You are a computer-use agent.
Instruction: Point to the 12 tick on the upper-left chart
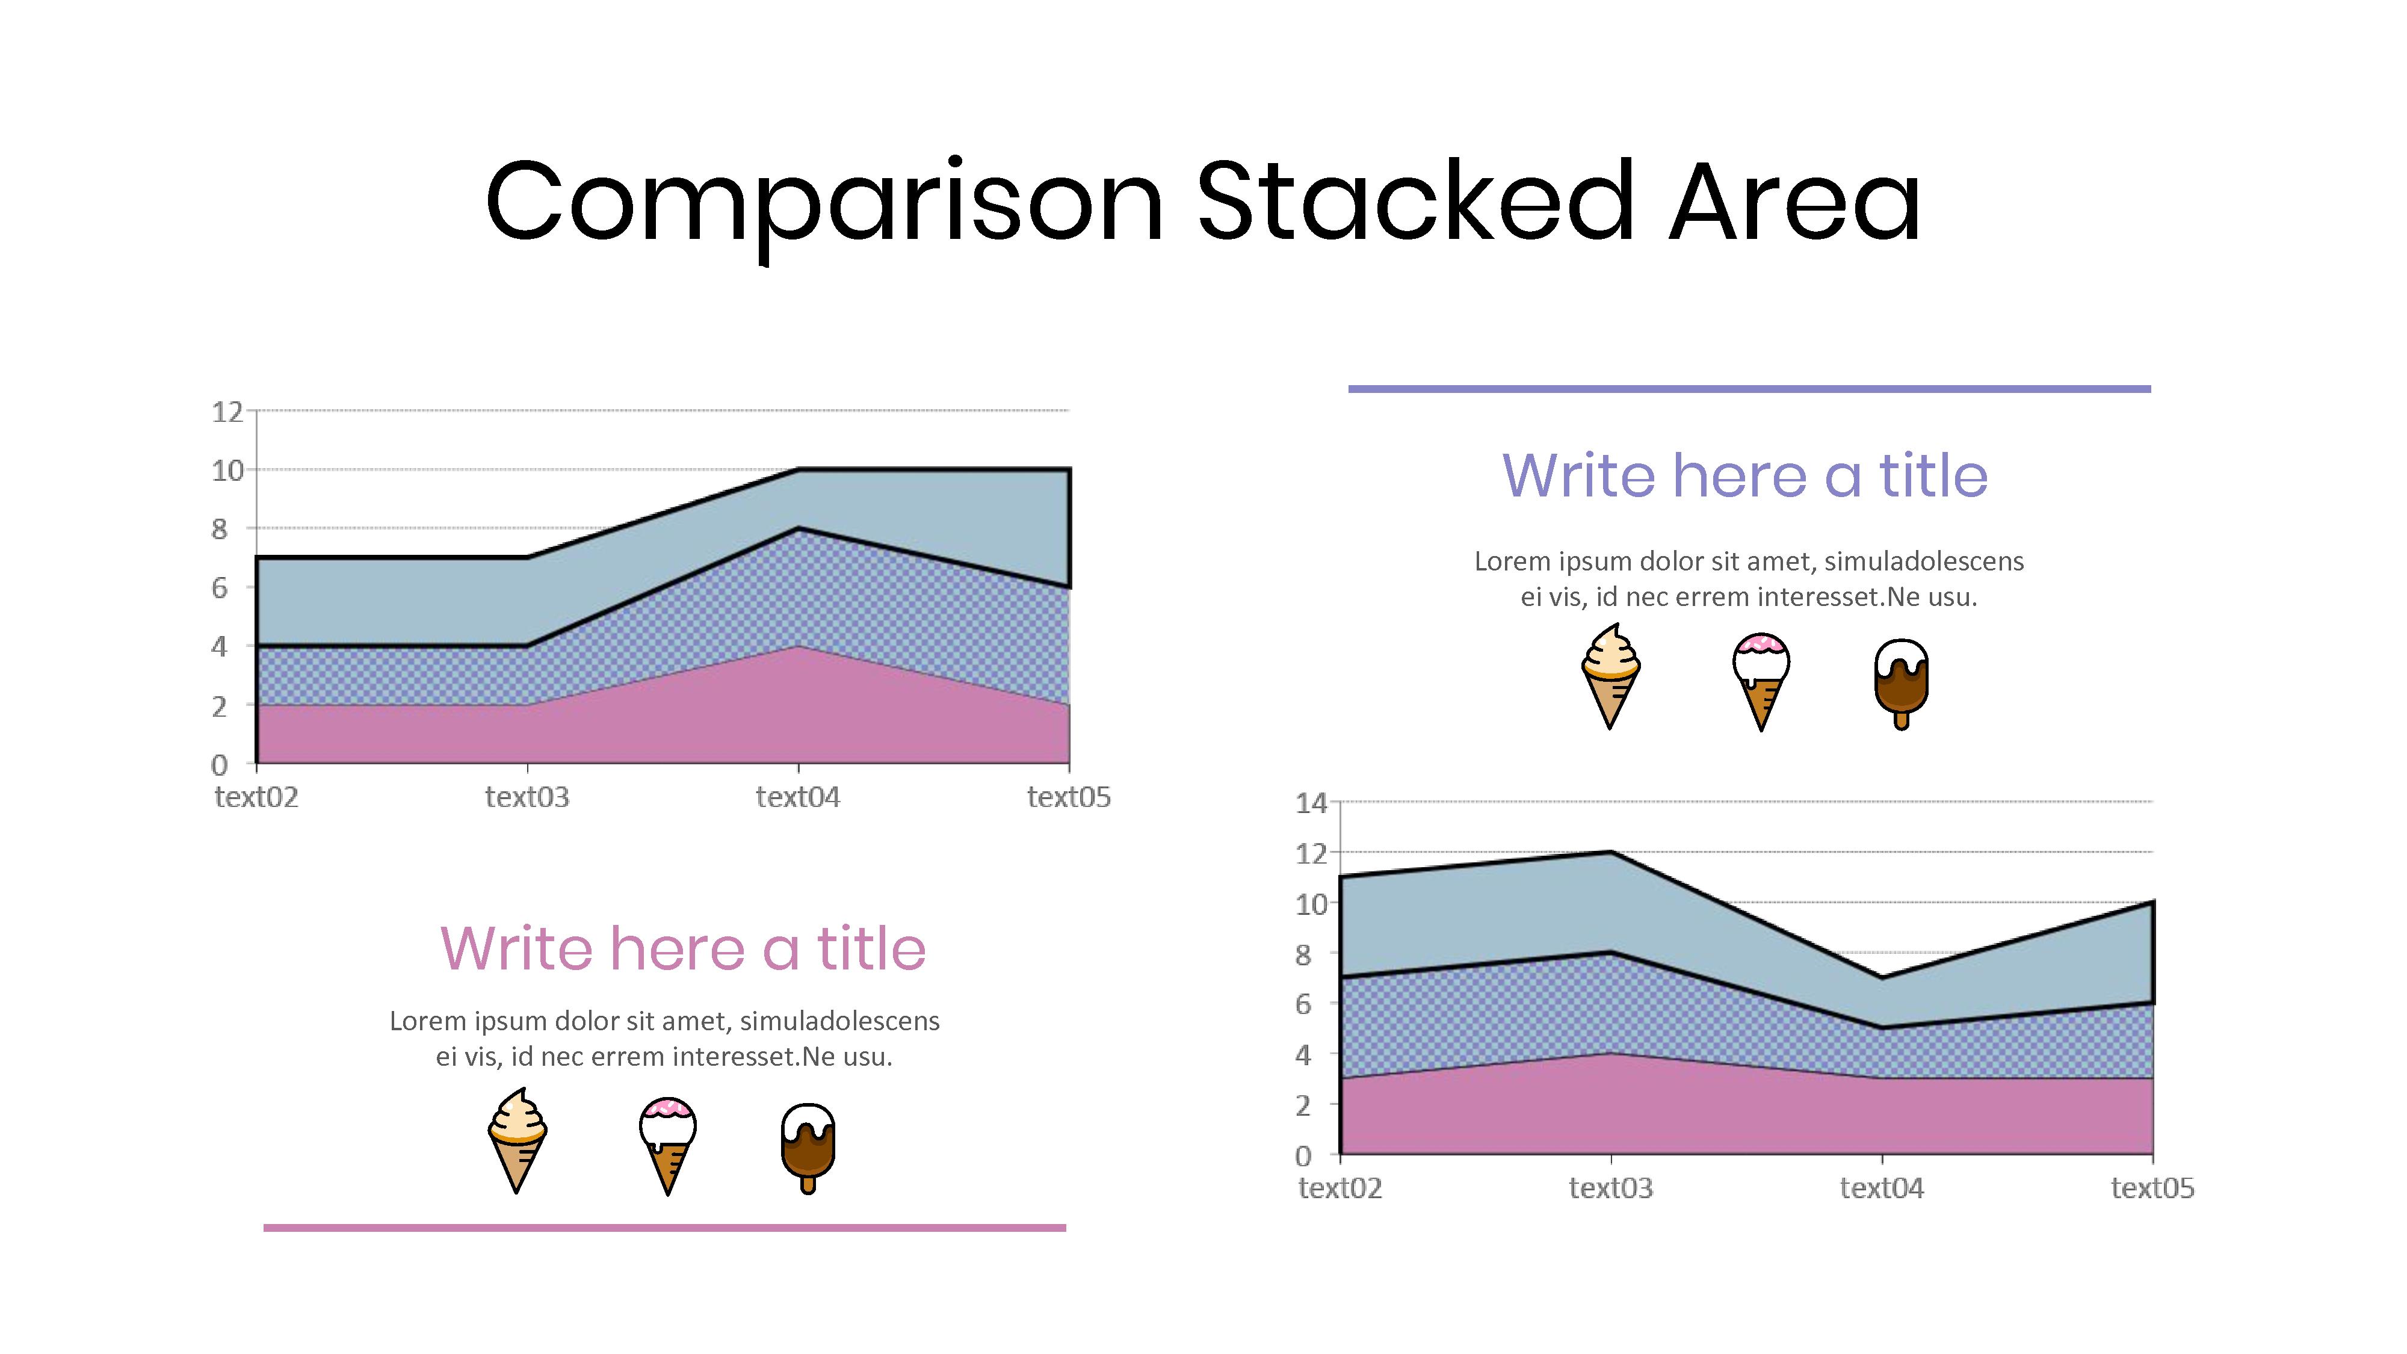coord(227,412)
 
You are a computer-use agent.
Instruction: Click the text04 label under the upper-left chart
coord(798,797)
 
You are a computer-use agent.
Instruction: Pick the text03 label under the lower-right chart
coord(1610,1188)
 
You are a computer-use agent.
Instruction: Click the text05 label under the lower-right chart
coord(2152,1188)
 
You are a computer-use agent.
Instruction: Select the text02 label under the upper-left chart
coord(256,797)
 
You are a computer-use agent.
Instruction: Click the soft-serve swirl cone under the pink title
coord(517,1140)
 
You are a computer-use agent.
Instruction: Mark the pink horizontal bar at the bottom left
coord(664,1228)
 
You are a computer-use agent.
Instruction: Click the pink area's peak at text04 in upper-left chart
coord(798,647)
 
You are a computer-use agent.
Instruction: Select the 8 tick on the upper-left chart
coord(220,529)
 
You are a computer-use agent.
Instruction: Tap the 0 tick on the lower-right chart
coord(1303,1156)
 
